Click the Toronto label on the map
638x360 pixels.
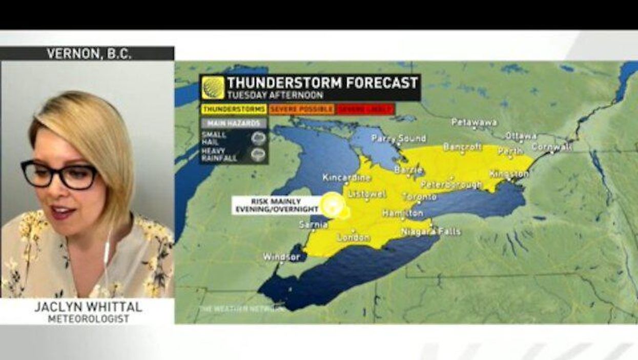(x=419, y=197)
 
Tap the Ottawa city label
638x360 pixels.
(x=521, y=136)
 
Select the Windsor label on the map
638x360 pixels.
(x=281, y=256)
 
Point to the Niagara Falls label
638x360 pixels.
(x=430, y=232)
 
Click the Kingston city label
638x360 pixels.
(x=508, y=174)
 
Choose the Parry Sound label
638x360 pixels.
(x=398, y=138)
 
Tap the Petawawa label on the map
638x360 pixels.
(x=474, y=123)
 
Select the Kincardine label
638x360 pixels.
(x=346, y=177)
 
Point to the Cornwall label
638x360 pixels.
(x=551, y=147)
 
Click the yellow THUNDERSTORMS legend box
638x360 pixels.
(x=234, y=109)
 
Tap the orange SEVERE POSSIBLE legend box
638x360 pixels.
(x=301, y=109)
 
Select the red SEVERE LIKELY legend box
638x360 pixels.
(x=365, y=109)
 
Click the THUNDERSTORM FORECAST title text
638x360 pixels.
(x=322, y=83)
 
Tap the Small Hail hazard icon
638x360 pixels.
(x=259, y=137)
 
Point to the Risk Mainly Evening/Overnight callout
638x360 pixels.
(x=275, y=205)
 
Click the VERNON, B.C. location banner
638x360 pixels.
(x=88, y=53)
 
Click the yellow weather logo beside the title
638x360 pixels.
(x=213, y=87)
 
